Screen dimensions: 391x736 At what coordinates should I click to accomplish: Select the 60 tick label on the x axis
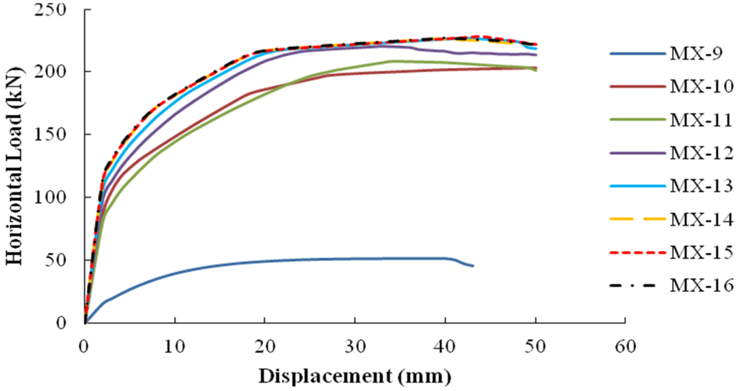point(625,346)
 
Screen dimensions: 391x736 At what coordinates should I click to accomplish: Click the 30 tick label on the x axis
point(355,346)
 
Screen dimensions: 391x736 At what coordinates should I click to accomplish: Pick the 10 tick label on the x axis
point(175,346)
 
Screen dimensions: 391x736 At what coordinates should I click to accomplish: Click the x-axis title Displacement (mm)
point(354,375)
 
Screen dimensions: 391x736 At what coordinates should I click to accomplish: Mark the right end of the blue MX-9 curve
point(473,266)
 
